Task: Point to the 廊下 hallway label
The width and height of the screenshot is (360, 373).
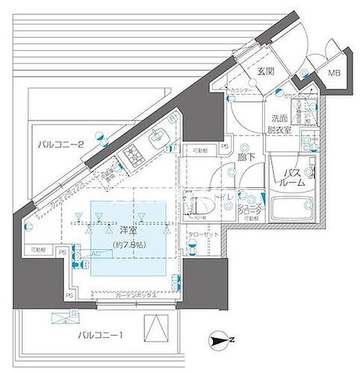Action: (246, 158)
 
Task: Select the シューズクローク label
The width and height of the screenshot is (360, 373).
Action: (249, 211)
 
